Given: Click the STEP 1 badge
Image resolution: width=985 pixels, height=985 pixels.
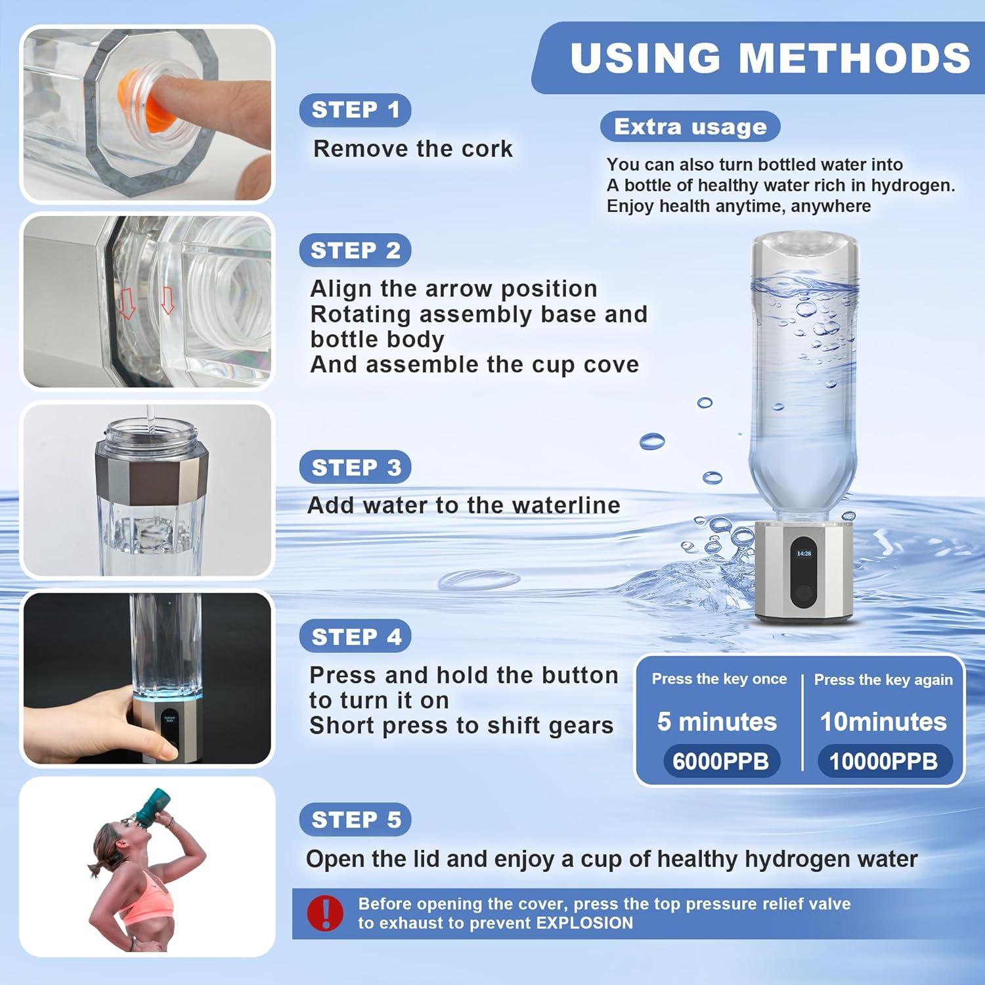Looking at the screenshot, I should [x=355, y=110].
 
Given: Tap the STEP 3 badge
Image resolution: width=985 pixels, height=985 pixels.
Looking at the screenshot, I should [x=355, y=467].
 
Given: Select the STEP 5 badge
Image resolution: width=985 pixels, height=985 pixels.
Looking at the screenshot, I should [x=355, y=820].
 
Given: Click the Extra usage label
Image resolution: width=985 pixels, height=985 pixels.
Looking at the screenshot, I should [x=690, y=127].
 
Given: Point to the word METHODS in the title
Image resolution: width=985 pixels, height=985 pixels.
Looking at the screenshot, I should [x=855, y=58].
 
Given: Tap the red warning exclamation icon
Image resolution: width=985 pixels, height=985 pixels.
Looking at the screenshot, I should [x=325, y=913].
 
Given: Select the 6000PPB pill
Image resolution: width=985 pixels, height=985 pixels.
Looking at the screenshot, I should [x=720, y=761].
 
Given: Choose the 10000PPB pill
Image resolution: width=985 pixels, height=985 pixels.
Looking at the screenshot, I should [x=883, y=761].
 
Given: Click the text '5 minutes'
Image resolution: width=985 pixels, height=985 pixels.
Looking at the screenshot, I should [x=717, y=722].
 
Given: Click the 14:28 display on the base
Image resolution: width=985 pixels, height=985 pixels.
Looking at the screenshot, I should [x=804, y=554].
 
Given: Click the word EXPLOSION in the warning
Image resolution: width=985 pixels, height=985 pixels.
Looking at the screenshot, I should [x=584, y=923].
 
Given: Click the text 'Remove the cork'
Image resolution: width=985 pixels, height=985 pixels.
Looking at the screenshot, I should [x=412, y=149].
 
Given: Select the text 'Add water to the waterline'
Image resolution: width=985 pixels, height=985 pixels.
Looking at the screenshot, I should [x=464, y=505].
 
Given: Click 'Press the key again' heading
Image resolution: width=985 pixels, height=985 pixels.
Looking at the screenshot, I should [x=883, y=680].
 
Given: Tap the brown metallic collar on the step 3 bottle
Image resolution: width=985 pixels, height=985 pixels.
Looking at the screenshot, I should [x=152, y=471].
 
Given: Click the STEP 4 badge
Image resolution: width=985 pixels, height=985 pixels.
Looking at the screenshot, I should [x=355, y=636].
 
